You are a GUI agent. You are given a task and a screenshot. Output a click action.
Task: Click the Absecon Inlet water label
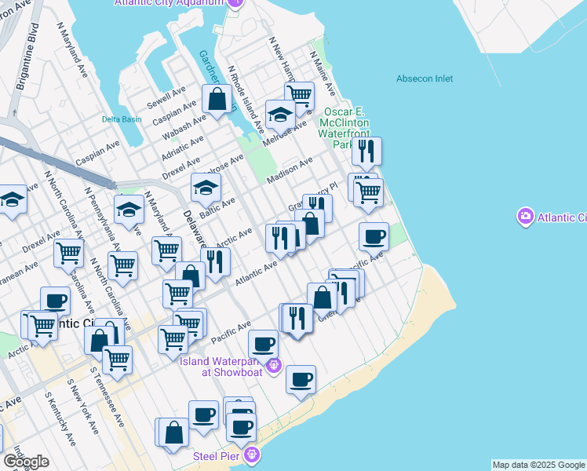pyautogui.click(x=425, y=78)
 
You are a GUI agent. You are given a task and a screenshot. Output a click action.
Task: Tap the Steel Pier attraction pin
pyautogui.click(x=251, y=455)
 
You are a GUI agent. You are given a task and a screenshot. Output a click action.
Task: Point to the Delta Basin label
pyautogui.click(x=122, y=119)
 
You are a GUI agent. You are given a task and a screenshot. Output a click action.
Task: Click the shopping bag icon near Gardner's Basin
pyautogui.click(x=217, y=100)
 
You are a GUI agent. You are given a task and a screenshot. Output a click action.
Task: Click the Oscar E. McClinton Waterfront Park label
pyautogui.click(x=344, y=129)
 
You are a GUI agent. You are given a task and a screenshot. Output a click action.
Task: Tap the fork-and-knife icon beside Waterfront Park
pyautogui.click(x=366, y=151)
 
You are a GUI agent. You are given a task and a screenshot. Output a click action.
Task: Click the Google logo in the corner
pyautogui.click(x=26, y=462)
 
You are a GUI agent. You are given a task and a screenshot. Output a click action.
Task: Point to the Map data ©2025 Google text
pyautogui.click(x=538, y=465)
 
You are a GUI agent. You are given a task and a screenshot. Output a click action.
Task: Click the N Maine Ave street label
pyautogui.click(x=323, y=74)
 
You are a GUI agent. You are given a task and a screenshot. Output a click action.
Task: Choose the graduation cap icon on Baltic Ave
pyautogui.click(x=206, y=188)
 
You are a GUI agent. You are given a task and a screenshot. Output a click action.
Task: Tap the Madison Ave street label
pyautogui.click(x=290, y=170)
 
